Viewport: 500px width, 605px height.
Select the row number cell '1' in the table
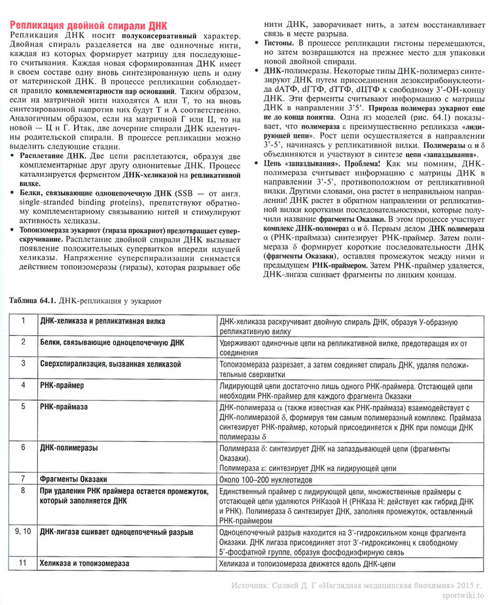23,321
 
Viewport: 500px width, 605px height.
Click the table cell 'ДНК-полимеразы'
69,448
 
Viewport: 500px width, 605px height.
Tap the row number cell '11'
23,562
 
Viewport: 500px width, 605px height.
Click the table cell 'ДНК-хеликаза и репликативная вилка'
102,321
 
